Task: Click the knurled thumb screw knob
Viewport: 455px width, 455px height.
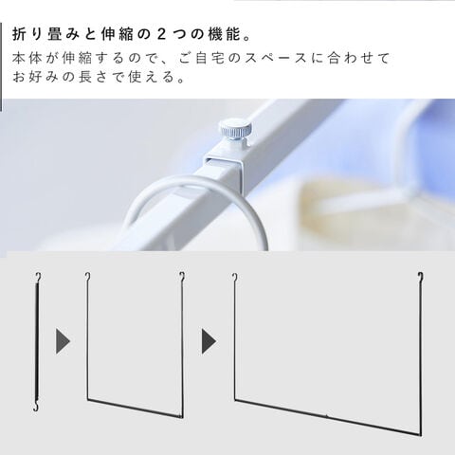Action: [x=235, y=129]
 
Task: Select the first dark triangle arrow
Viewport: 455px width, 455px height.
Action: [x=63, y=341]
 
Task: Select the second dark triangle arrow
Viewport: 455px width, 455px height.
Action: [x=209, y=341]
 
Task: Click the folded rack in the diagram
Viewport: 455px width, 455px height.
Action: [x=38, y=342]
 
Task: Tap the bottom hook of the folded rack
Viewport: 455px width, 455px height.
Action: [x=37, y=407]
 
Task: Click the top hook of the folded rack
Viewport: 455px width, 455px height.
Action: [x=39, y=278]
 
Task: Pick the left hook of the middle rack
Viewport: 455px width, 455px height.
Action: [x=88, y=277]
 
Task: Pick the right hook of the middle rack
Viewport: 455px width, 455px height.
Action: [x=182, y=277]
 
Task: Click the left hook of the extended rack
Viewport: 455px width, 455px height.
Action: [x=235, y=278]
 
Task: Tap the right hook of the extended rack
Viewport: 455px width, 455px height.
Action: [x=420, y=277]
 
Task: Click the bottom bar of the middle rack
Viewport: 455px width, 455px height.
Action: [x=135, y=409]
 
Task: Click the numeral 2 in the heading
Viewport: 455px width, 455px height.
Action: [x=161, y=35]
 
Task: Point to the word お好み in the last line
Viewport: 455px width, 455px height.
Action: [x=35, y=77]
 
